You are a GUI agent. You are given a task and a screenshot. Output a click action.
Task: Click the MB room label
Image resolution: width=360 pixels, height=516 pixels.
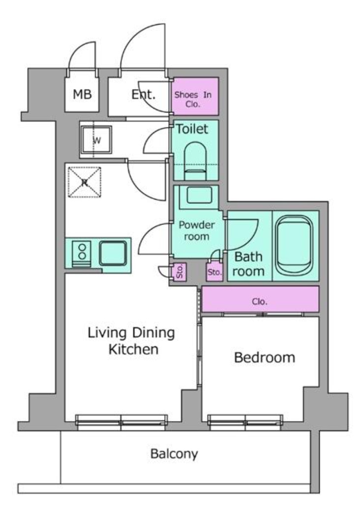tap(82, 94)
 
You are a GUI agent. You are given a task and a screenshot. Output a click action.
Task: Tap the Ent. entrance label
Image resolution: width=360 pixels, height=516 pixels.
tap(143, 94)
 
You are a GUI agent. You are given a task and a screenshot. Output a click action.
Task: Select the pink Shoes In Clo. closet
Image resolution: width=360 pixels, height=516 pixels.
tap(195, 96)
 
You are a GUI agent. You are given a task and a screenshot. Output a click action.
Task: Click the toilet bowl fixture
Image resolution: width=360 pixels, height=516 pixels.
tap(195, 161)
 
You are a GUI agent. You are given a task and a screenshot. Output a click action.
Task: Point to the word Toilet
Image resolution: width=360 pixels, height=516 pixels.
tap(192, 129)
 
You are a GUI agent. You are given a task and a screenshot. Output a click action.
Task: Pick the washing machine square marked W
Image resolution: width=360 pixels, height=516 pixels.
tap(96, 140)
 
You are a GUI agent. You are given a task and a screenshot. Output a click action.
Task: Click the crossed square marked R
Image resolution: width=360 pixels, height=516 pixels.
tap(84, 182)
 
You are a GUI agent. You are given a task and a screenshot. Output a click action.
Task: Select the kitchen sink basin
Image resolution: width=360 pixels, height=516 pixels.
tap(113, 253)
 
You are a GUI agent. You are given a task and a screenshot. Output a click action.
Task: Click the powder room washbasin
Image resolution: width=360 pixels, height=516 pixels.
tap(199, 195)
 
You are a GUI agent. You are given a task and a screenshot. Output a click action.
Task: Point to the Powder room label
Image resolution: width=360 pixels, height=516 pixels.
tap(197, 230)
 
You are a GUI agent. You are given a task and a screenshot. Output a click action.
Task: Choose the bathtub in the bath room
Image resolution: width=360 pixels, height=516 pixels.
tap(294, 245)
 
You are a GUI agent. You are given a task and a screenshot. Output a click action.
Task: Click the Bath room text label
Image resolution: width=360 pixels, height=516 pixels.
tap(248, 264)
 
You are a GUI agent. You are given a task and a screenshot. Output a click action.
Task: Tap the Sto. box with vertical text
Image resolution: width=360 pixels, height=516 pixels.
tap(180, 272)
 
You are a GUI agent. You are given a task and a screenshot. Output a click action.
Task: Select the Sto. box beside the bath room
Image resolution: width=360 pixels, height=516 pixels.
tap(214, 272)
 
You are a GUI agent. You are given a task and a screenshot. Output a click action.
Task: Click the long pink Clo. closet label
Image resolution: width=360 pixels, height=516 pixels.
tap(260, 301)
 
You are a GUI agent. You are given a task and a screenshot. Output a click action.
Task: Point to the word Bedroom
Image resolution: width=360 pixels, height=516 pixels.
tap(265, 357)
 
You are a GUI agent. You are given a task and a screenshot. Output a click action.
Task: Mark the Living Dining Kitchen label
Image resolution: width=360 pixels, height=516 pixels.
tap(131, 341)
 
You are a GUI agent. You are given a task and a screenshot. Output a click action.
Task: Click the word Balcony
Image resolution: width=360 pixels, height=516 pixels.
tap(174, 454)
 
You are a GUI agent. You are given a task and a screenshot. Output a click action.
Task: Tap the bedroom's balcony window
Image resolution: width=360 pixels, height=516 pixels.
tap(245, 422)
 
